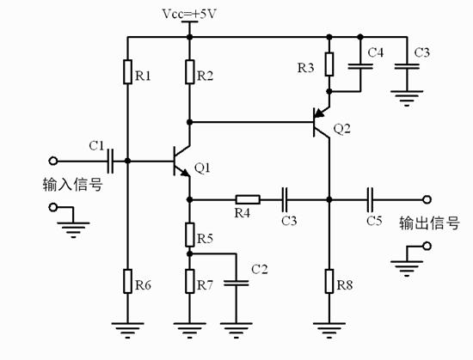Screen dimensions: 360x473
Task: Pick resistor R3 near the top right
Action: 328,65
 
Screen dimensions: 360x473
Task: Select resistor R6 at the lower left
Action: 126,281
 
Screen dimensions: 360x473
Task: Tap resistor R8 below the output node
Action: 329,281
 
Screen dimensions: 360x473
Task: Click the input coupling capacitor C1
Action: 111,160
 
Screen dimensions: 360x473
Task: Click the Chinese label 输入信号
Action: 72,183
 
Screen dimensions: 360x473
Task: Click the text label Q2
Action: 341,129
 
